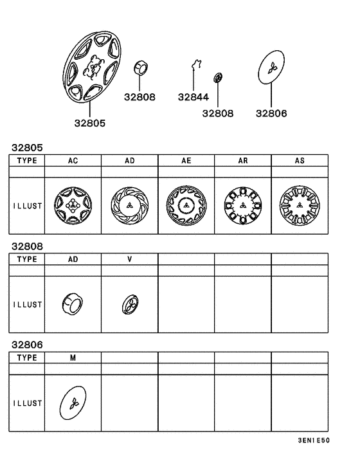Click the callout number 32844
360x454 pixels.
194,97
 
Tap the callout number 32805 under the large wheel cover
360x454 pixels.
90,123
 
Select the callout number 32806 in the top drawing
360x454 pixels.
271,113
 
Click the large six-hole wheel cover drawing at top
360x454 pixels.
91,66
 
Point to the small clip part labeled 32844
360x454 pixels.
197,64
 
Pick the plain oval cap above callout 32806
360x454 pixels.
271,67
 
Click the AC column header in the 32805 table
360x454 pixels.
73,160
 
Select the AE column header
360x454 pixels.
186,160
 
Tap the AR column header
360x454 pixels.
243,160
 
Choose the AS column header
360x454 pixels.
300,160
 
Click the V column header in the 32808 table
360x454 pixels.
130,259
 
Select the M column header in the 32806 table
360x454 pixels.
73,358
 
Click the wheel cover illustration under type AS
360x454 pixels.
300,206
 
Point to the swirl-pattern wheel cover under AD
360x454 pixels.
129,206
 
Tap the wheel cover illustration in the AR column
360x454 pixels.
243,206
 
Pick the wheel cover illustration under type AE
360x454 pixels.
186,206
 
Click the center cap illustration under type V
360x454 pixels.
130,304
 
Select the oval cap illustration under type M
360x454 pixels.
73,403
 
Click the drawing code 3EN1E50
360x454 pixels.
314,440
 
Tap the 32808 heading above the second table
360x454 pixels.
27,246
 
